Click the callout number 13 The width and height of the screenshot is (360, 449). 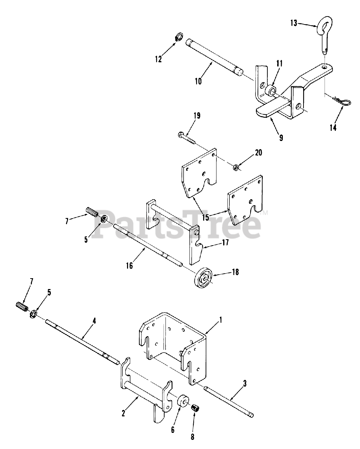point(293,23)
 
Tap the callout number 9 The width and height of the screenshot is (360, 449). point(281,138)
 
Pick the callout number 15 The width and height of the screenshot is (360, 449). point(206,217)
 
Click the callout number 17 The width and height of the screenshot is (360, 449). point(225,242)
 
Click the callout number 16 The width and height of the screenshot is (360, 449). point(129,266)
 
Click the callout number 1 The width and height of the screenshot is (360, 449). point(220,320)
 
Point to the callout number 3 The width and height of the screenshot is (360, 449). point(245,384)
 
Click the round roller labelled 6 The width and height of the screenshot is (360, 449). point(184,402)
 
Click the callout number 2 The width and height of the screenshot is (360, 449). point(123,413)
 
